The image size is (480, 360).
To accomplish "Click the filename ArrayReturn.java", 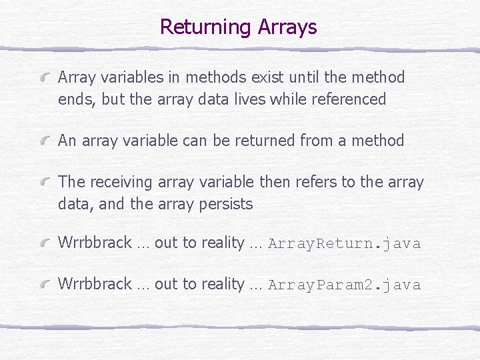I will click(x=344, y=243).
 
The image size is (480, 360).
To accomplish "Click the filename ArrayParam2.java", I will click(x=344, y=285).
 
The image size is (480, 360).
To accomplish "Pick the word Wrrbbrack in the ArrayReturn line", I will click(x=95, y=243).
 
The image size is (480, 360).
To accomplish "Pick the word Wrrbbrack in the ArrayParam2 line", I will click(x=95, y=285).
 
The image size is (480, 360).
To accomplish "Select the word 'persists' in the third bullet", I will click(x=226, y=205).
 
